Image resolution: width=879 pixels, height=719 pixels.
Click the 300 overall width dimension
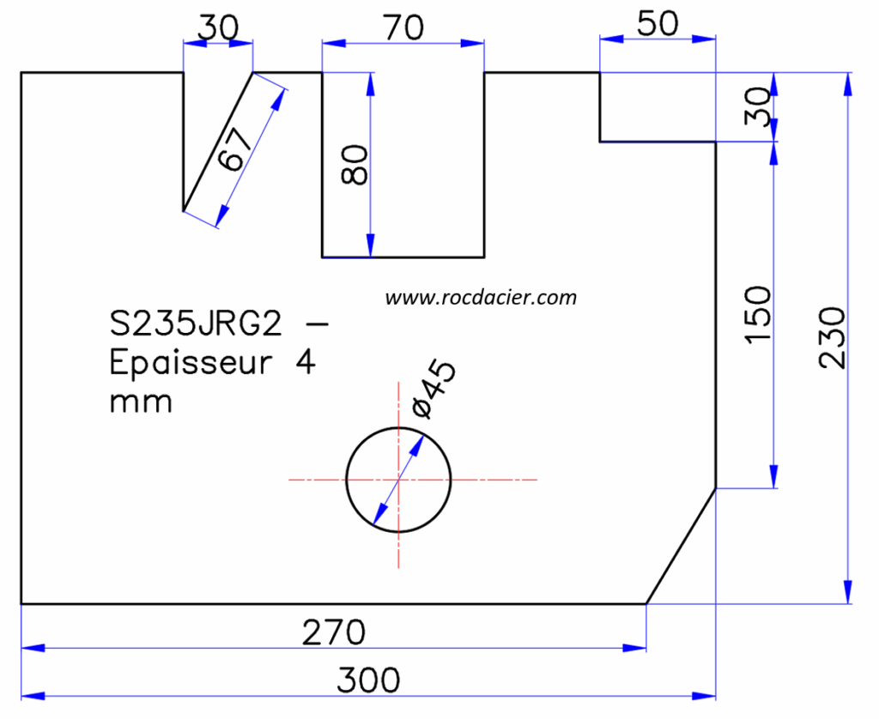coord(367,680)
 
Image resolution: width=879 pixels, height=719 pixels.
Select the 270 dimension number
coord(333,633)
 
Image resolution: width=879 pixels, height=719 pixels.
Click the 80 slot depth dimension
coord(355,165)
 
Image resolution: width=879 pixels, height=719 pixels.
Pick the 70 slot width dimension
coord(403,27)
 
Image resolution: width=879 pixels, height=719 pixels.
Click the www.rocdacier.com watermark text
coord(481,298)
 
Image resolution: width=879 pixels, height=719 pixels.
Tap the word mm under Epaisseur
coord(141,402)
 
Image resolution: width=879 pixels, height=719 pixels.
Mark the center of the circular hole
coord(398,479)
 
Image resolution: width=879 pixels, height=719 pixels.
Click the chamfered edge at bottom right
coord(681,547)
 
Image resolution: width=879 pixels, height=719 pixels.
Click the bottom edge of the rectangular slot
coord(403,257)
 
